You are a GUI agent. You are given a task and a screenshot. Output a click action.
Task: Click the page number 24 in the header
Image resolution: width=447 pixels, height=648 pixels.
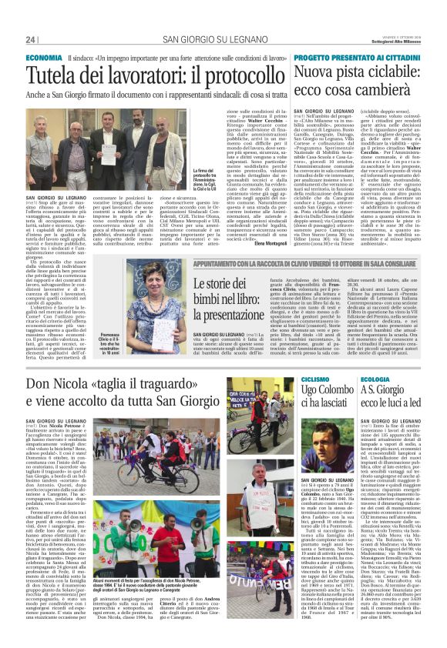pos(31,39)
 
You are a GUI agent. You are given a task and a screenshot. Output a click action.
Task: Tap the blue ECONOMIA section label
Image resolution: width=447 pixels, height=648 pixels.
pos(44,58)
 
